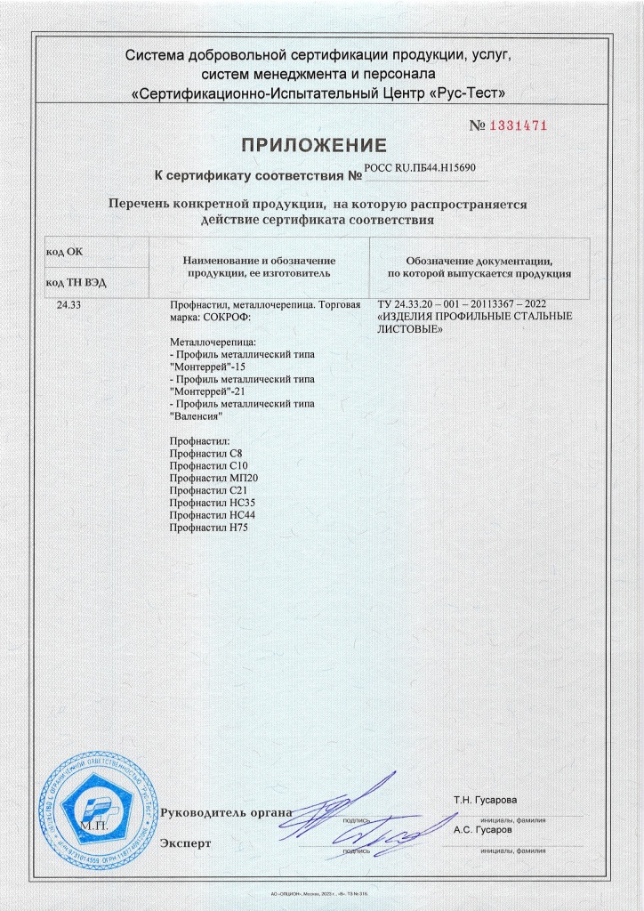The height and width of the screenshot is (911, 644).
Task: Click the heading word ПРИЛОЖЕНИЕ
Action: tap(316, 145)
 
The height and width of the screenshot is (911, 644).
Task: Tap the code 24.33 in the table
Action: tap(68, 306)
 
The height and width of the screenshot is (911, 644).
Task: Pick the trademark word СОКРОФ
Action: tap(228, 318)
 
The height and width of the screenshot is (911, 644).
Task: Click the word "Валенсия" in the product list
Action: tap(195, 416)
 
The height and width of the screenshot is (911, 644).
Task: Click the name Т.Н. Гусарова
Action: tap(485, 801)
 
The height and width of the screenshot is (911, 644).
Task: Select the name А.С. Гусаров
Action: tap(482, 829)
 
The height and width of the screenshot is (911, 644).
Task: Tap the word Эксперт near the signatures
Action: tap(186, 842)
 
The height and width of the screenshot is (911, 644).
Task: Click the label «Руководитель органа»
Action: tap(226, 812)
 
